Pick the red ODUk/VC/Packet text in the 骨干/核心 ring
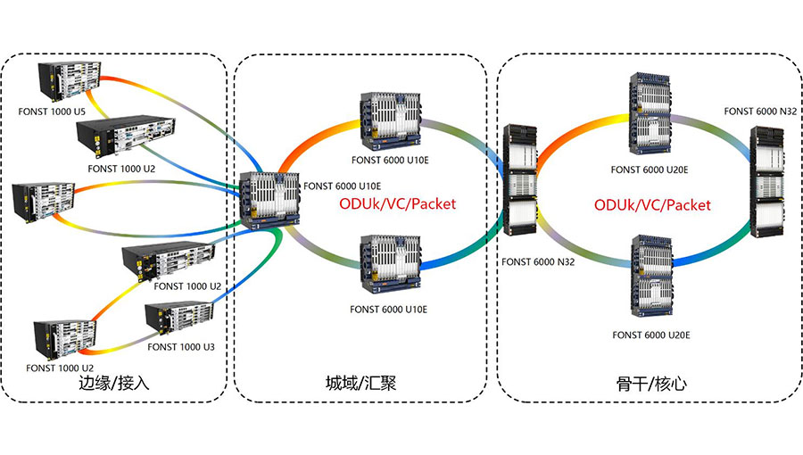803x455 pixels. click(x=653, y=204)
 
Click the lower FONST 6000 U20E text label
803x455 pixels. click(x=651, y=335)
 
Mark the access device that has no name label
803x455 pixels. click(x=45, y=203)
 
